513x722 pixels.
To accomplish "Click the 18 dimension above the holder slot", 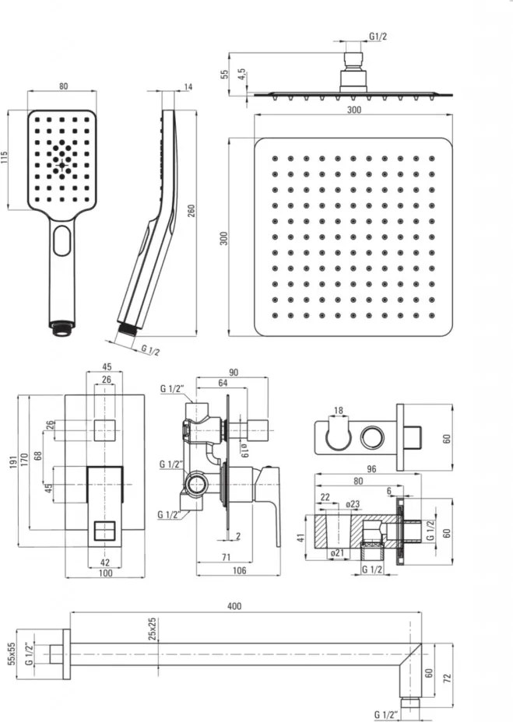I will pos(338,409).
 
